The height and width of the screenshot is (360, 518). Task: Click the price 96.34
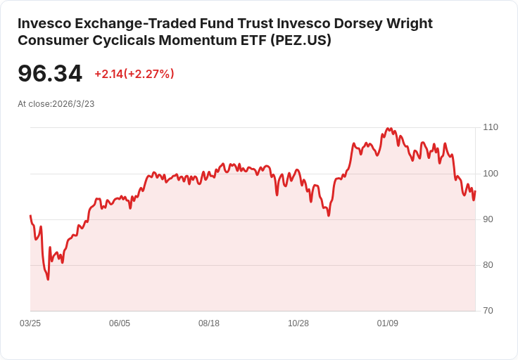50,73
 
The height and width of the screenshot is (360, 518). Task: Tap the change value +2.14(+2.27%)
134,74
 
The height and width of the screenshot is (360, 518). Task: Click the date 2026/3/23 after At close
73,104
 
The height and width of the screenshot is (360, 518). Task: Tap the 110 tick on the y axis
491,127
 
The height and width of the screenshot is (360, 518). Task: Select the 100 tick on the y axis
491,174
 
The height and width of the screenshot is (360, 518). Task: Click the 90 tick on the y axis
488,219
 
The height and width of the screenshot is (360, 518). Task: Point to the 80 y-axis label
488,265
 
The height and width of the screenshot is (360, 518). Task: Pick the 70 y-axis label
488,311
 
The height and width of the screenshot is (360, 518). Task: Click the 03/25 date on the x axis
30,323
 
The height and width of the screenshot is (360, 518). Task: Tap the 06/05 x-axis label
120,323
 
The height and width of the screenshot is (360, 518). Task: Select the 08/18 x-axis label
209,323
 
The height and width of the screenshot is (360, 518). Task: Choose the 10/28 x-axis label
298,323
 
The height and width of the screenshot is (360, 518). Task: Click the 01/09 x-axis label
388,323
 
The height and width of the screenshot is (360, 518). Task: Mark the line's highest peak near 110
388,129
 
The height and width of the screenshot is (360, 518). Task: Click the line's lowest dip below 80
48,279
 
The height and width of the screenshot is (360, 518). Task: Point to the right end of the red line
475,191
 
